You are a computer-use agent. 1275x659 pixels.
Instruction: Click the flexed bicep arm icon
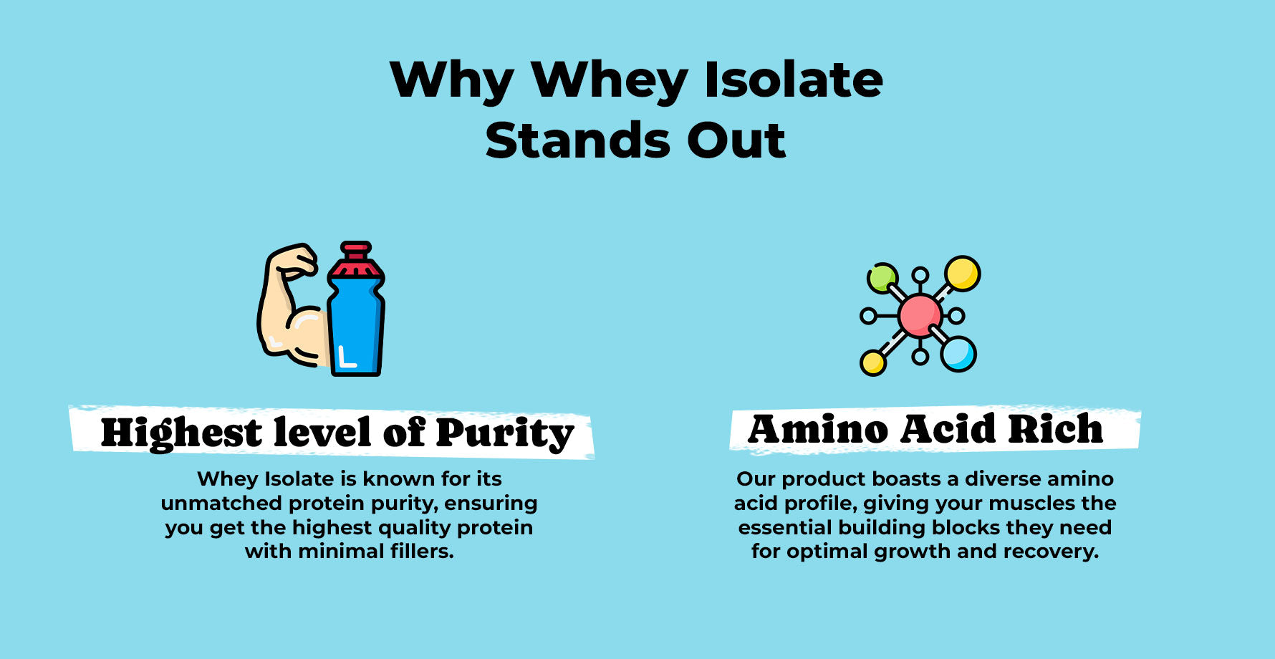[292, 306]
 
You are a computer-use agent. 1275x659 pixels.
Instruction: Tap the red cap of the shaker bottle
[356, 260]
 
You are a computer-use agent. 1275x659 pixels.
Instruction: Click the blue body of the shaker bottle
[356, 326]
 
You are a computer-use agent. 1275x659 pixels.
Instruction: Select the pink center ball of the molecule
[920, 315]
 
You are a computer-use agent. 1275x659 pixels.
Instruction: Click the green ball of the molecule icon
[882, 278]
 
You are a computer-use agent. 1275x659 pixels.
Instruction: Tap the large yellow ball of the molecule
[962, 274]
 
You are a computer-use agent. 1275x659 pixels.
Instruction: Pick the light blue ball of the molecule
[958, 354]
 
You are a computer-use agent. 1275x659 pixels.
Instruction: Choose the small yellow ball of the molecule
[873, 362]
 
